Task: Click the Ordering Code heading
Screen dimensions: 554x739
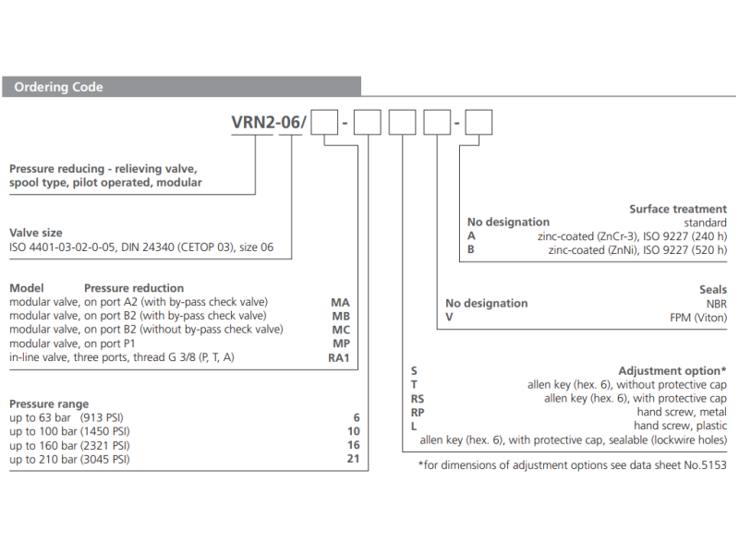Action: (58, 88)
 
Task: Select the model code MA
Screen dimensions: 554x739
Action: (340, 302)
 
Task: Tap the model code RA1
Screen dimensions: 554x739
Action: (340, 357)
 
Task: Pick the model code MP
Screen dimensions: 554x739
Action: (340, 343)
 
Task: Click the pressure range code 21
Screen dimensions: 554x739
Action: (353, 459)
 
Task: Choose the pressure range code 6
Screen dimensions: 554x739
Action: (356, 417)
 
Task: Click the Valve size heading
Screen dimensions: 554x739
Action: (36, 234)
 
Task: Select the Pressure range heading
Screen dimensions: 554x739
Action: (49, 404)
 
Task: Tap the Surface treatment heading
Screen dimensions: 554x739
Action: (678, 210)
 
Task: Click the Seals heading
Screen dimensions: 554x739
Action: (712, 290)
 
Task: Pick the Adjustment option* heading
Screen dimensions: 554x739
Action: (672, 370)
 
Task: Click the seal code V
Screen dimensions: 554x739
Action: (449, 317)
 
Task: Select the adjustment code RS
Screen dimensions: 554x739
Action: (418, 398)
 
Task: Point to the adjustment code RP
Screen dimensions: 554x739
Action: (418, 412)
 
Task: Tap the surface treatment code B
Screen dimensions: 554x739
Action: (471, 249)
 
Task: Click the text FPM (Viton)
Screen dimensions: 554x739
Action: (697, 317)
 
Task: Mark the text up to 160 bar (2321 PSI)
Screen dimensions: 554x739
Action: (69, 445)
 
